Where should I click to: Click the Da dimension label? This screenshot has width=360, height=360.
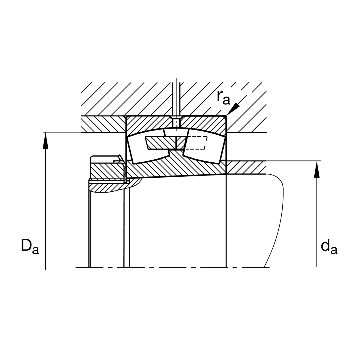30,246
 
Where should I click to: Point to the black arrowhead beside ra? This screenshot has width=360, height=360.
233,109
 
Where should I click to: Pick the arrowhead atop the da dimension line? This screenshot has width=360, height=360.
317,169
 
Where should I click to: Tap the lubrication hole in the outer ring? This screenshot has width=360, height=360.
176,122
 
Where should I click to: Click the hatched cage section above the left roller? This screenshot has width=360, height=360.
161,143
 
